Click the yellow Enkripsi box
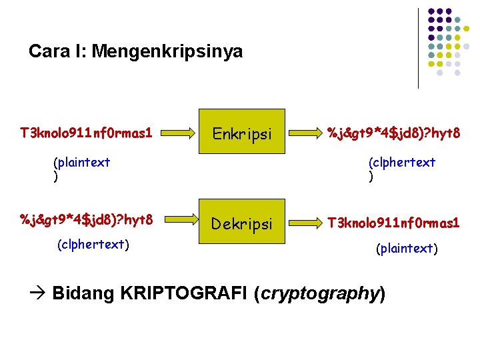coord(242,133)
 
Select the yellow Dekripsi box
coord(242,224)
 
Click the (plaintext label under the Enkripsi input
coord(82,161)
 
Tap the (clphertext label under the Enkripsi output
coord(402,161)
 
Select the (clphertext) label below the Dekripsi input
coord(93,244)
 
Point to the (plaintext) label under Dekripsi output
coord(407,249)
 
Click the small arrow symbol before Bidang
coord(37,294)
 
